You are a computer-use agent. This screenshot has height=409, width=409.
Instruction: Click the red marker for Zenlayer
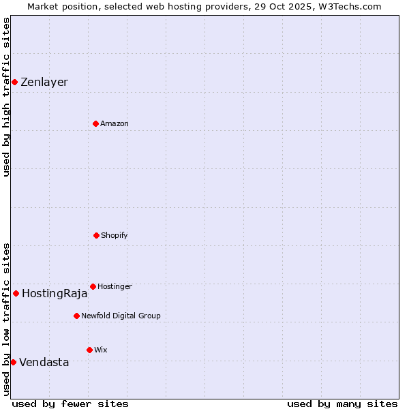(14, 82)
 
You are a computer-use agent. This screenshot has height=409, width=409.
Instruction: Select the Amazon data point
(95, 123)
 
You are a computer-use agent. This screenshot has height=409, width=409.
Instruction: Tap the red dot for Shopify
(96, 235)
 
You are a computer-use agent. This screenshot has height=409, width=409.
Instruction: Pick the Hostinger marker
(93, 286)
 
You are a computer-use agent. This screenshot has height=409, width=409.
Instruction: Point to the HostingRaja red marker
(16, 293)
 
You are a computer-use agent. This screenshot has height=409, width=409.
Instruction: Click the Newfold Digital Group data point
(76, 316)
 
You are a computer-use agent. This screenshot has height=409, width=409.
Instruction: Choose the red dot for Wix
(89, 350)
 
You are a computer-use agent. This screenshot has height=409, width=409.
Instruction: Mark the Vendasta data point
(13, 362)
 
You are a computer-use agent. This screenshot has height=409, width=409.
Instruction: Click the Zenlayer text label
(44, 82)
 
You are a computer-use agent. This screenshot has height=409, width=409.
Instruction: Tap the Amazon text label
(115, 124)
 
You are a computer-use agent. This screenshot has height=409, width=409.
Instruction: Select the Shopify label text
(115, 236)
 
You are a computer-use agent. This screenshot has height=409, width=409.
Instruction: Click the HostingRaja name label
(55, 294)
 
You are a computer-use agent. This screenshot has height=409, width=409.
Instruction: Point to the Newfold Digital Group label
(121, 316)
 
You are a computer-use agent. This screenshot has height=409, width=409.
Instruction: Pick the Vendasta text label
(44, 363)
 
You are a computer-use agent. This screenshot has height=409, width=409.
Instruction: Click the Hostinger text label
(115, 287)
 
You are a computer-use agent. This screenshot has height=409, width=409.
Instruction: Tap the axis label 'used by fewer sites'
(70, 404)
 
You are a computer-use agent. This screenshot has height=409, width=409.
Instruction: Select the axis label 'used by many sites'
(342, 404)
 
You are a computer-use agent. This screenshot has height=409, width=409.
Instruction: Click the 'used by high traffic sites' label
(6, 97)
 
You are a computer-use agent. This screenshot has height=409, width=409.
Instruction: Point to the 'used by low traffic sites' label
(6, 319)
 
